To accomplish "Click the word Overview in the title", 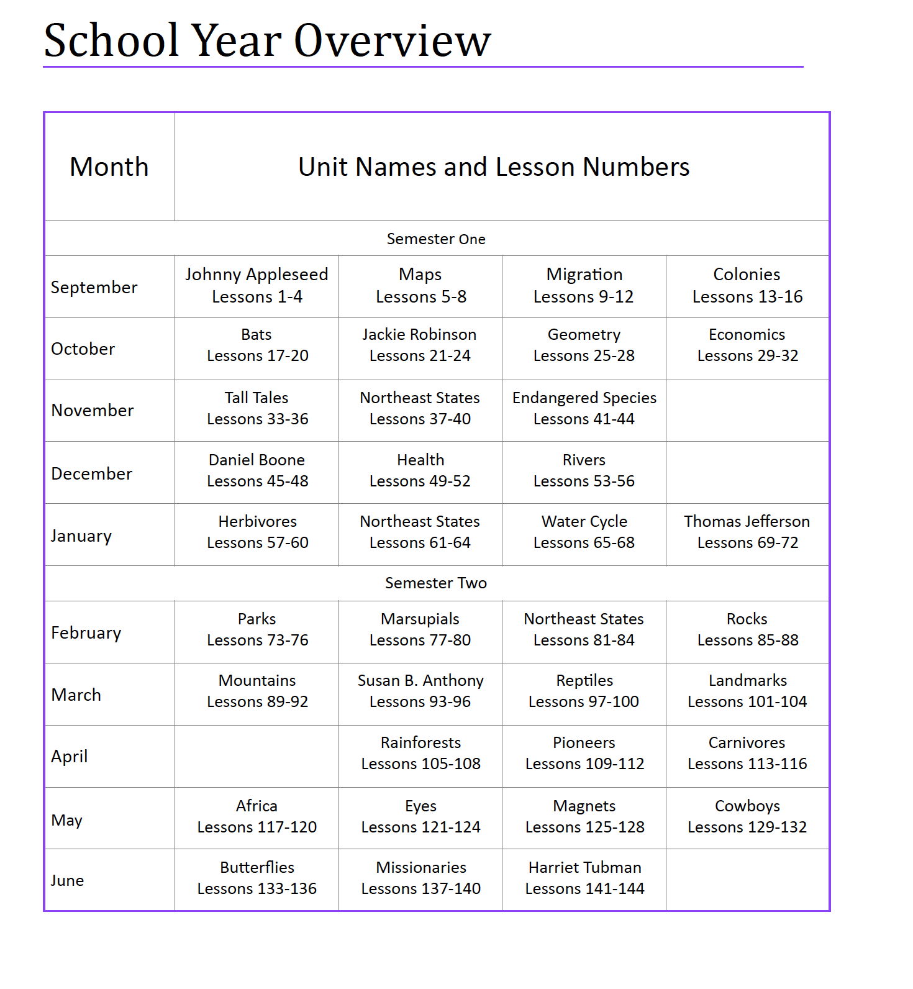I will coord(392,40).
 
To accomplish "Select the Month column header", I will coord(109,166).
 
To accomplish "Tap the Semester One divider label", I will coord(436,239).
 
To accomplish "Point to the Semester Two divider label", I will coord(436,583).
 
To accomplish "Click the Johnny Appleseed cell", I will coord(257,286).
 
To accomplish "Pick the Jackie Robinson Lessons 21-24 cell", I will coord(420,345).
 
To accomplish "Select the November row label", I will coord(93,411).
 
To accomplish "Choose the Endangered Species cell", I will coord(584,408).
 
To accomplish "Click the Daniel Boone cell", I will coord(257,470).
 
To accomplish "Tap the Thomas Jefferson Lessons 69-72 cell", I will coord(747,532).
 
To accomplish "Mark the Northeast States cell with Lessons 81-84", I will coord(584,629).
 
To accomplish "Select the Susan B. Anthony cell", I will coord(420,691).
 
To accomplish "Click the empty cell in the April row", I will coord(257,756).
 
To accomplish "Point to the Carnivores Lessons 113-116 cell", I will coord(747,753).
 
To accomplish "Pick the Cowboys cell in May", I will coord(747,816).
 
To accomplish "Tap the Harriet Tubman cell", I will coord(584,878).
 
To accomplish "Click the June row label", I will coord(67,880).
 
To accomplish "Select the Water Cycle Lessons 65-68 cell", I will coord(584,532).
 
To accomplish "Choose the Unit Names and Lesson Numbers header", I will coord(494,166).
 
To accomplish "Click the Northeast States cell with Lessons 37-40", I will coord(420,408).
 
